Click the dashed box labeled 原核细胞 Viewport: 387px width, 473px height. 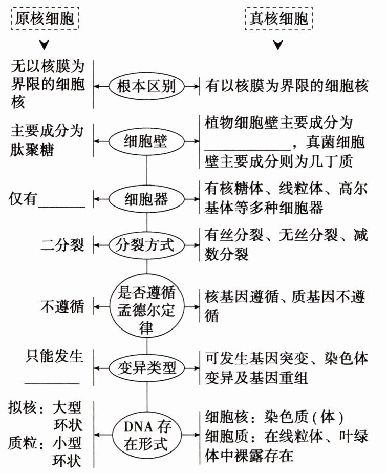point(46,19)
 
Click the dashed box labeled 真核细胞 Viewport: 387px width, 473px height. point(279,19)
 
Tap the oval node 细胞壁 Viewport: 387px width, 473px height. point(146,139)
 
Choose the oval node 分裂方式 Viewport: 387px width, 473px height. point(146,245)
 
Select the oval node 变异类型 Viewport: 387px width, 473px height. point(146,367)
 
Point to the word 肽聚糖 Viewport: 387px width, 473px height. point(34,150)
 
